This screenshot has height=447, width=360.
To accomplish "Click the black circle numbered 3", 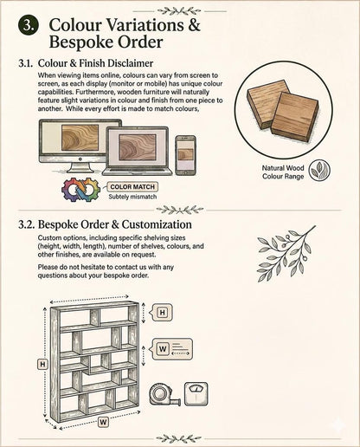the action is (x=29, y=25).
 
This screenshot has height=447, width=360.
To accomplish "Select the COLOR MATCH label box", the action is (x=132, y=187).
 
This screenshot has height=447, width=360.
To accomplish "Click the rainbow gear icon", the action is (x=80, y=190).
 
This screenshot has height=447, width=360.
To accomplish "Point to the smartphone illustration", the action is (x=185, y=155).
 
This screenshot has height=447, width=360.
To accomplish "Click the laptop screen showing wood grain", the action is (x=138, y=148).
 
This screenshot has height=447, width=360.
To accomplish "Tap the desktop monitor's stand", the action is (x=80, y=167).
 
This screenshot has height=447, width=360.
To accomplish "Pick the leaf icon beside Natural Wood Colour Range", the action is (x=319, y=171).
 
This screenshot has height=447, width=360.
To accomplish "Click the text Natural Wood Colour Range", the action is (x=283, y=172).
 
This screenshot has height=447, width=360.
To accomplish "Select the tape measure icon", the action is (x=164, y=394).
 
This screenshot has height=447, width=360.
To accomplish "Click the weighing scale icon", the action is (x=196, y=394).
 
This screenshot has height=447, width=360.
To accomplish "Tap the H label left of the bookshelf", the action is (x=42, y=365).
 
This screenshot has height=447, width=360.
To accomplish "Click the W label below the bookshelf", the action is (x=103, y=423).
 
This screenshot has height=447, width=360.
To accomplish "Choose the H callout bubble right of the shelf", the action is (x=161, y=313).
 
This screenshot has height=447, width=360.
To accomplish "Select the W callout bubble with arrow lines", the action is (x=170, y=349).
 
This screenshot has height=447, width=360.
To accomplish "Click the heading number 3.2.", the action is (x=27, y=224).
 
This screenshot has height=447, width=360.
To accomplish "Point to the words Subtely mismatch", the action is (x=132, y=197).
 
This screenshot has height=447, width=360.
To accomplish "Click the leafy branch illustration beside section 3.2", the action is (x=285, y=255).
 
